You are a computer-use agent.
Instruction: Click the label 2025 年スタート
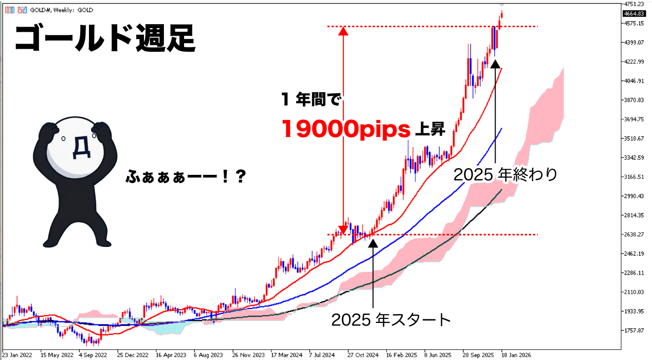(x=391, y=319)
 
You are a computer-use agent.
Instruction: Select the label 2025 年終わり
(x=505, y=175)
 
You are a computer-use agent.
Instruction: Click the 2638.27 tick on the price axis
(x=634, y=235)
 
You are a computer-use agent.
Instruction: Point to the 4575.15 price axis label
(x=634, y=23)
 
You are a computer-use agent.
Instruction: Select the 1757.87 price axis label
(x=634, y=331)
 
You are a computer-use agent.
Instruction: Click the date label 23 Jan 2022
(x=17, y=355)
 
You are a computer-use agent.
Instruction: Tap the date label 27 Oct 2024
(x=363, y=355)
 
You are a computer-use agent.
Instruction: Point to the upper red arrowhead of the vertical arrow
(x=343, y=31)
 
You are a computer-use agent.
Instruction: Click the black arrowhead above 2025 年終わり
(x=495, y=63)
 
